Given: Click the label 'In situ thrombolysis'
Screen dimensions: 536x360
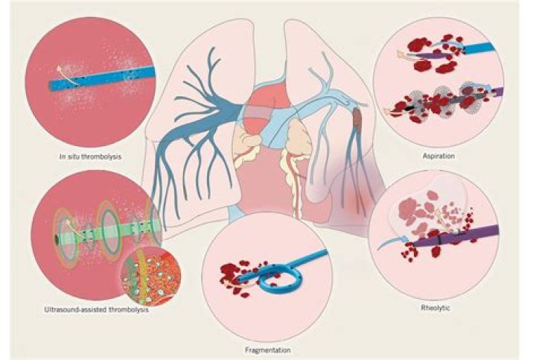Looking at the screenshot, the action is [90, 157].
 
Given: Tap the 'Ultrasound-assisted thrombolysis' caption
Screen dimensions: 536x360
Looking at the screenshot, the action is [96, 310].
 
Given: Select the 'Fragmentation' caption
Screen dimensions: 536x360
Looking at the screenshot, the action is [268, 350].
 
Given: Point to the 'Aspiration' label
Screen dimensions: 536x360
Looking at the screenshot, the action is [438, 156].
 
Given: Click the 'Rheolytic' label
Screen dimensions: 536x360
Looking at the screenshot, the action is [435, 308].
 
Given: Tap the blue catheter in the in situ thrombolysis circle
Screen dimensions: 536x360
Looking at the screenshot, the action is [103, 79].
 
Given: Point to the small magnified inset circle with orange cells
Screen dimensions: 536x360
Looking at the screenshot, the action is [150, 276].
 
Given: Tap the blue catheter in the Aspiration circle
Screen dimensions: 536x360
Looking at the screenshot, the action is [479, 48].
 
